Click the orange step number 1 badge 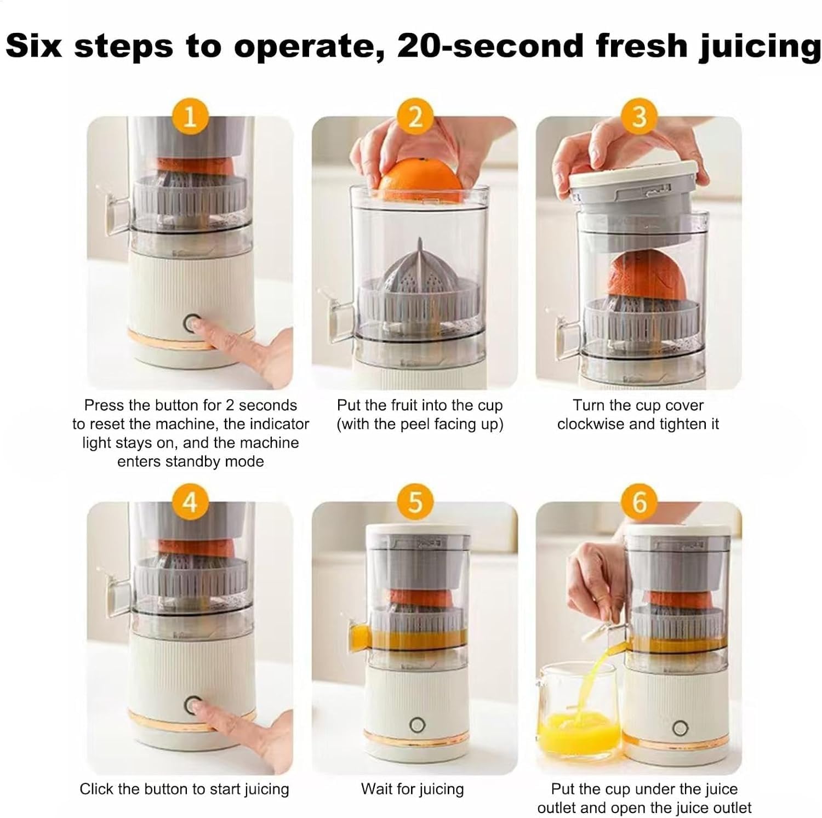click(x=190, y=116)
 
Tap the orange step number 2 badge click(x=415, y=116)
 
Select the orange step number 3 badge click(x=639, y=116)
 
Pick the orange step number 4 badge click(x=190, y=501)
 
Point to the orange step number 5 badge click(x=415, y=501)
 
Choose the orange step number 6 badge click(x=639, y=501)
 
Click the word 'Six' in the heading click(x=33, y=45)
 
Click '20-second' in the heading click(x=491, y=45)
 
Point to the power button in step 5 click(x=417, y=725)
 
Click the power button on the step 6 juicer click(x=680, y=728)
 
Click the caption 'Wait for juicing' click(x=412, y=789)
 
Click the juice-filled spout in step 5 click(x=359, y=637)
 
